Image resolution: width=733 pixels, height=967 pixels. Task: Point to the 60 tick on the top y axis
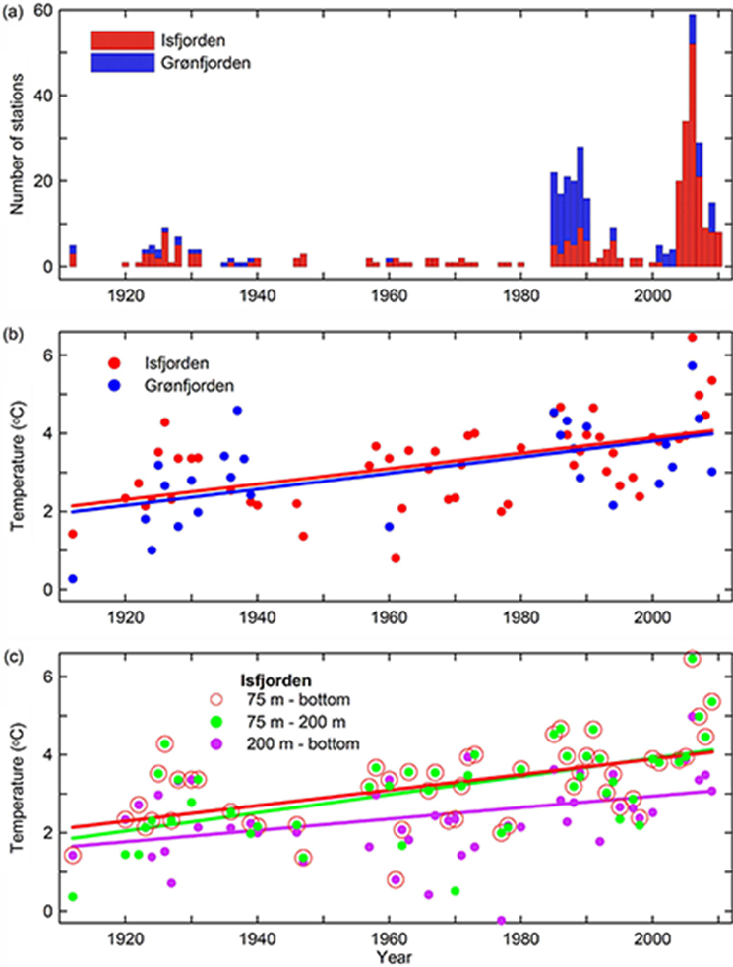(x=46, y=10)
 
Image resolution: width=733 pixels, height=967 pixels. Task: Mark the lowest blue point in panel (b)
(x=73, y=579)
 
